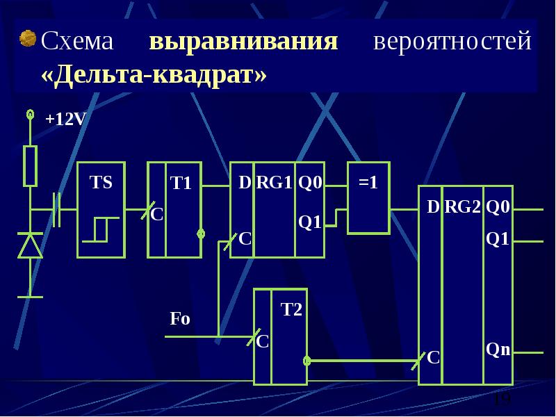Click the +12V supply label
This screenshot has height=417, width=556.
(x=66, y=119)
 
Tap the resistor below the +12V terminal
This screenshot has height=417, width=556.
(x=30, y=166)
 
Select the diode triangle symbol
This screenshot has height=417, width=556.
(x=30, y=245)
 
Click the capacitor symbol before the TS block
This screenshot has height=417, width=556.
(x=56, y=210)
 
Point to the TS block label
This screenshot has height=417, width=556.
(x=101, y=182)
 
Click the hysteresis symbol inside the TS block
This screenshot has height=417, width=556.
(x=100, y=230)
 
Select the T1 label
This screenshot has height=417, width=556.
(x=181, y=183)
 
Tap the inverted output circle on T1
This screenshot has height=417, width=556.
(x=201, y=234)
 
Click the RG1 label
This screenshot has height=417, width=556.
(x=274, y=182)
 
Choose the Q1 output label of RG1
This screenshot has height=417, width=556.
(x=309, y=222)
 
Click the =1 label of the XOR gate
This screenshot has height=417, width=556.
(x=368, y=182)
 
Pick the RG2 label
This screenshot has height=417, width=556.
(x=462, y=206)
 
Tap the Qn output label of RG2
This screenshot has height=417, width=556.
(x=498, y=350)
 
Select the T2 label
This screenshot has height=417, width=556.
(x=291, y=309)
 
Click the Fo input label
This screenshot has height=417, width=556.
(x=180, y=318)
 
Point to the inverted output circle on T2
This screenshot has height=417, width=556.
(x=307, y=361)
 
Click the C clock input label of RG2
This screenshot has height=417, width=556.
(x=433, y=357)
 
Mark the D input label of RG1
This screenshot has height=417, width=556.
(x=245, y=182)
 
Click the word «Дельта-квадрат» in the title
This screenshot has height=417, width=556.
(x=154, y=75)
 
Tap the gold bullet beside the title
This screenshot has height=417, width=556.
(x=28, y=38)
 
